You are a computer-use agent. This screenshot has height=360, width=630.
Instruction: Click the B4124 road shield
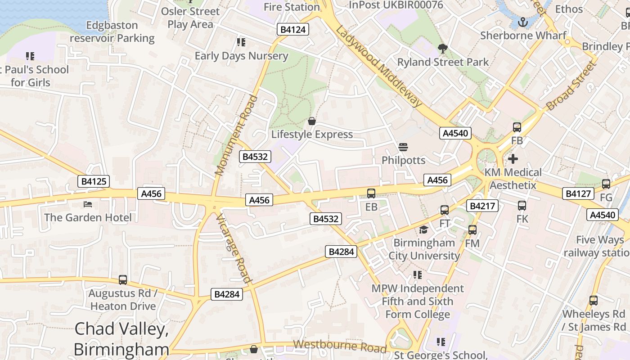pyautogui.click(x=293, y=30)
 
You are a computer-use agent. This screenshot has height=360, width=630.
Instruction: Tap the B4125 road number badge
pyautogui.click(x=94, y=181)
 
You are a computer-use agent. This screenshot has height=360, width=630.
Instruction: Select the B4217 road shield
pyautogui.click(x=482, y=206)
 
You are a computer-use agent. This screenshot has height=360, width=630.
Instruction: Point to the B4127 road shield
pyautogui.click(x=578, y=193)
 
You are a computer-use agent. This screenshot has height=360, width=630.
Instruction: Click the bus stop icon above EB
pyautogui.click(x=371, y=193)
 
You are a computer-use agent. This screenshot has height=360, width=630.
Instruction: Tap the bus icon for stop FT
pyautogui.click(x=445, y=210)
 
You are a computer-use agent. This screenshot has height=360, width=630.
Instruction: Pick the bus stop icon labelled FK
pyautogui.click(x=522, y=206)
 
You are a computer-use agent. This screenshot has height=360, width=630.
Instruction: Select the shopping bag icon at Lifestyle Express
pyautogui.click(x=311, y=121)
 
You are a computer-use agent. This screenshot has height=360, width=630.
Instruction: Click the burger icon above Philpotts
pyautogui.click(x=403, y=147)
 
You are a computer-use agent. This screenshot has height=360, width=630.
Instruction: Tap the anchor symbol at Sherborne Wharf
pyautogui.click(x=523, y=22)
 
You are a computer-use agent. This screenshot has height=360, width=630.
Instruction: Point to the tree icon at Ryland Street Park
pyautogui.click(x=443, y=49)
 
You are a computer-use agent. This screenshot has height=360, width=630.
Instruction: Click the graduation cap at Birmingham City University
pyautogui.click(x=423, y=230)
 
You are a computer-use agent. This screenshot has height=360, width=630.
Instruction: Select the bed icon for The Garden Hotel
pyautogui.click(x=88, y=204)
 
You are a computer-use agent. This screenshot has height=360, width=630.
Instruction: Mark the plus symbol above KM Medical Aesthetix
pyautogui.click(x=513, y=159)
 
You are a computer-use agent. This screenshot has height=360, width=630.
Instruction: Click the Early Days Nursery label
pyautogui.click(x=241, y=56)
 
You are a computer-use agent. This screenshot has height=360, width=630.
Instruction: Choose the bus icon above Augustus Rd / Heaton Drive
pyautogui.click(x=123, y=280)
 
